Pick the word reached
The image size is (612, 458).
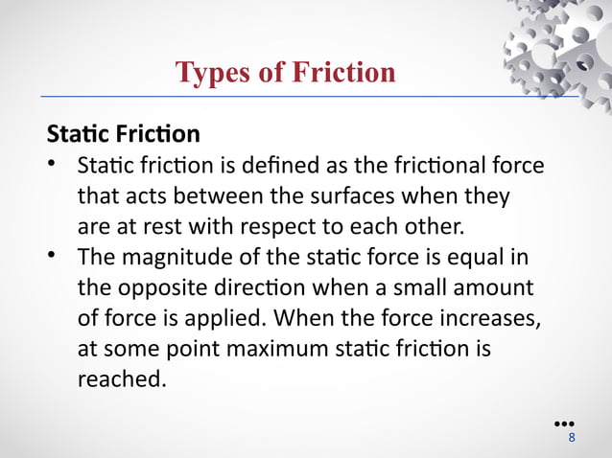pos(121,380)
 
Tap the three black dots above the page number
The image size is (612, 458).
pos(564,423)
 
